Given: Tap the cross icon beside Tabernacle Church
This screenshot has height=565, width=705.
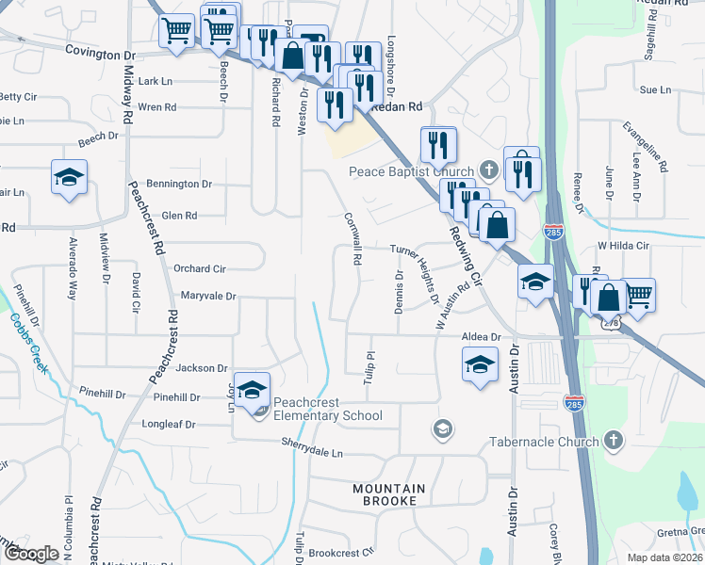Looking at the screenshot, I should click(614, 441).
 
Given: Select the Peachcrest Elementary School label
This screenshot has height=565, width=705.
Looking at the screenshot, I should click(328, 415).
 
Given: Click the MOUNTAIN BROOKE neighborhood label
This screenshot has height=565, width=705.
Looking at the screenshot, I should click(389, 494).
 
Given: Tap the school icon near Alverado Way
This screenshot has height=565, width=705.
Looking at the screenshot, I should click(69, 179).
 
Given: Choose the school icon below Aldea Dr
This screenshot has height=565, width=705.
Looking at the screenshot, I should click(480, 363).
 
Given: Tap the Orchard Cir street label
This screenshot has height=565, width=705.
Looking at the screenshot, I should click(199, 268).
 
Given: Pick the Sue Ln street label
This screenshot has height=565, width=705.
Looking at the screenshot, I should click(654, 90).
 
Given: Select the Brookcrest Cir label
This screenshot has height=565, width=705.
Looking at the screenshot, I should click(341, 552).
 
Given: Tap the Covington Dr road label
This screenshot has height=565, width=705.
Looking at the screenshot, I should click(102, 55).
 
